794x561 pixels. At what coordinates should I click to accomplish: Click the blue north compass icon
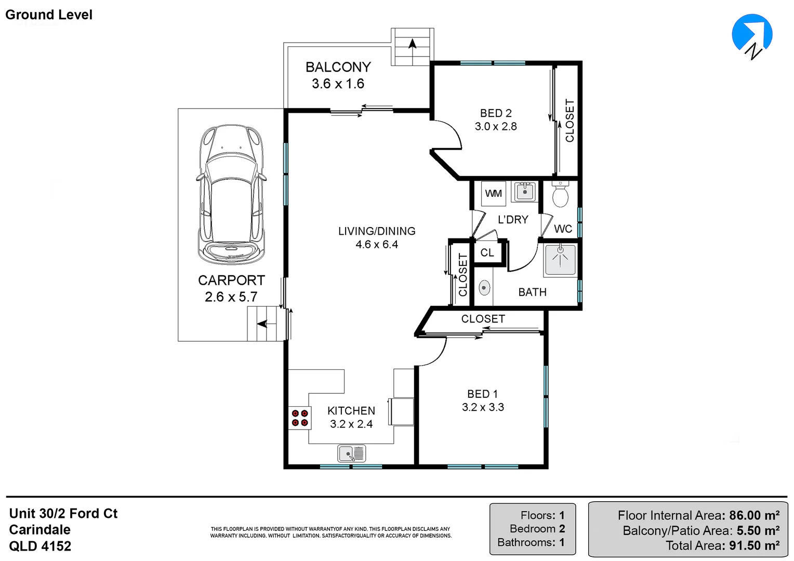(x=752, y=35)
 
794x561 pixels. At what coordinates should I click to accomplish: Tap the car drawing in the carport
(x=231, y=194)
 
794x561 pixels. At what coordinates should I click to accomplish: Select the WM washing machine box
(x=494, y=194)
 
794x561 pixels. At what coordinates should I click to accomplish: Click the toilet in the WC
(x=560, y=194)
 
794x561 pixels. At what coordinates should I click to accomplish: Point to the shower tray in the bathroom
(x=560, y=260)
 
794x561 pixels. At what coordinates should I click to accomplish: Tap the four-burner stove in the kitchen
(x=299, y=418)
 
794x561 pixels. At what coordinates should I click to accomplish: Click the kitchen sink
(x=352, y=453)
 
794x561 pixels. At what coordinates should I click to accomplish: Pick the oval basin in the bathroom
(x=484, y=288)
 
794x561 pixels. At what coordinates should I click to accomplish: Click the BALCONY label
(x=338, y=67)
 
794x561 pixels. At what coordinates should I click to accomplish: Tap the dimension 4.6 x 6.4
(x=377, y=245)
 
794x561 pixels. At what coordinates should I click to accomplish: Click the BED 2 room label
(x=496, y=113)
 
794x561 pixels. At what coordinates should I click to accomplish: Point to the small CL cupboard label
(x=487, y=252)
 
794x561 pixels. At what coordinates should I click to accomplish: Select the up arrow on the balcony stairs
(x=412, y=44)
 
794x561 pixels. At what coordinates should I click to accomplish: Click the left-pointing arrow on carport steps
(x=262, y=324)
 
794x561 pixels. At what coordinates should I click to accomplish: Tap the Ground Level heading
(x=49, y=15)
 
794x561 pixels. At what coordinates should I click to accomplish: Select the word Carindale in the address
(x=39, y=530)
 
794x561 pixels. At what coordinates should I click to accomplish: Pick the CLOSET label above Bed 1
(x=483, y=318)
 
